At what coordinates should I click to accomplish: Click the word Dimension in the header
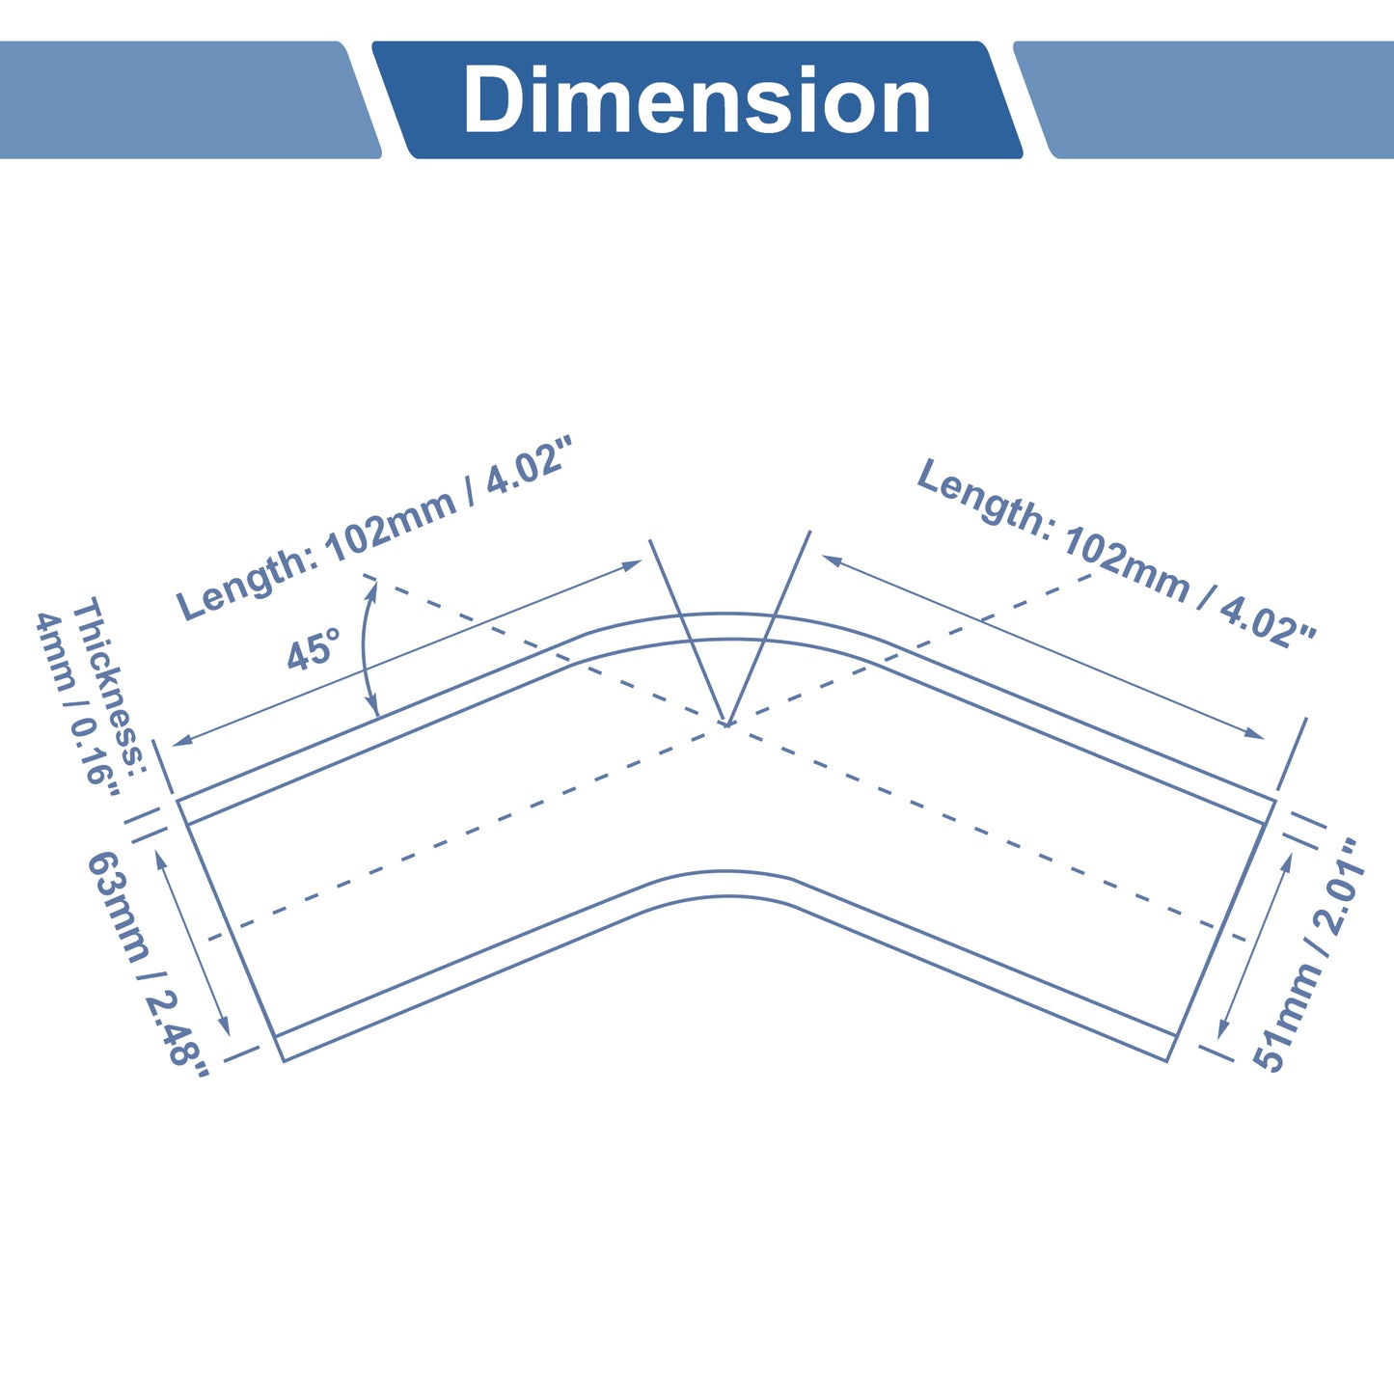tap(696, 99)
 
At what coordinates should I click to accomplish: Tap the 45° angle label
tap(314, 648)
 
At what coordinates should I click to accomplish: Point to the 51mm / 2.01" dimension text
tap(1308, 955)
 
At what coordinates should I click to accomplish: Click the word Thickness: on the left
tap(108, 684)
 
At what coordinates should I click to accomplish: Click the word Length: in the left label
tap(247, 583)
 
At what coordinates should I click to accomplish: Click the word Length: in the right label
tap(985, 499)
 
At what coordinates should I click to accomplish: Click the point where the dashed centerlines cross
tap(726, 724)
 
